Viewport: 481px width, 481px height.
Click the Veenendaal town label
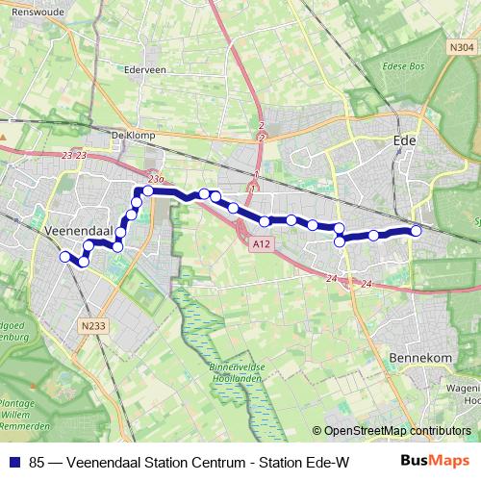[80, 231]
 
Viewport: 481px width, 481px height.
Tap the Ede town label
[405, 139]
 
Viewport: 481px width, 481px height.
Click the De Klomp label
[133, 135]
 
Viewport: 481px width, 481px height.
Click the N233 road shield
[93, 326]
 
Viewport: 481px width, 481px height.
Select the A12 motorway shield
[260, 245]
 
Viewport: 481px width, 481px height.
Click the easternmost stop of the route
[417, 231]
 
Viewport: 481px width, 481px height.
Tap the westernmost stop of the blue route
[64, 257]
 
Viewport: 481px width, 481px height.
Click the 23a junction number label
[157, 179]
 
